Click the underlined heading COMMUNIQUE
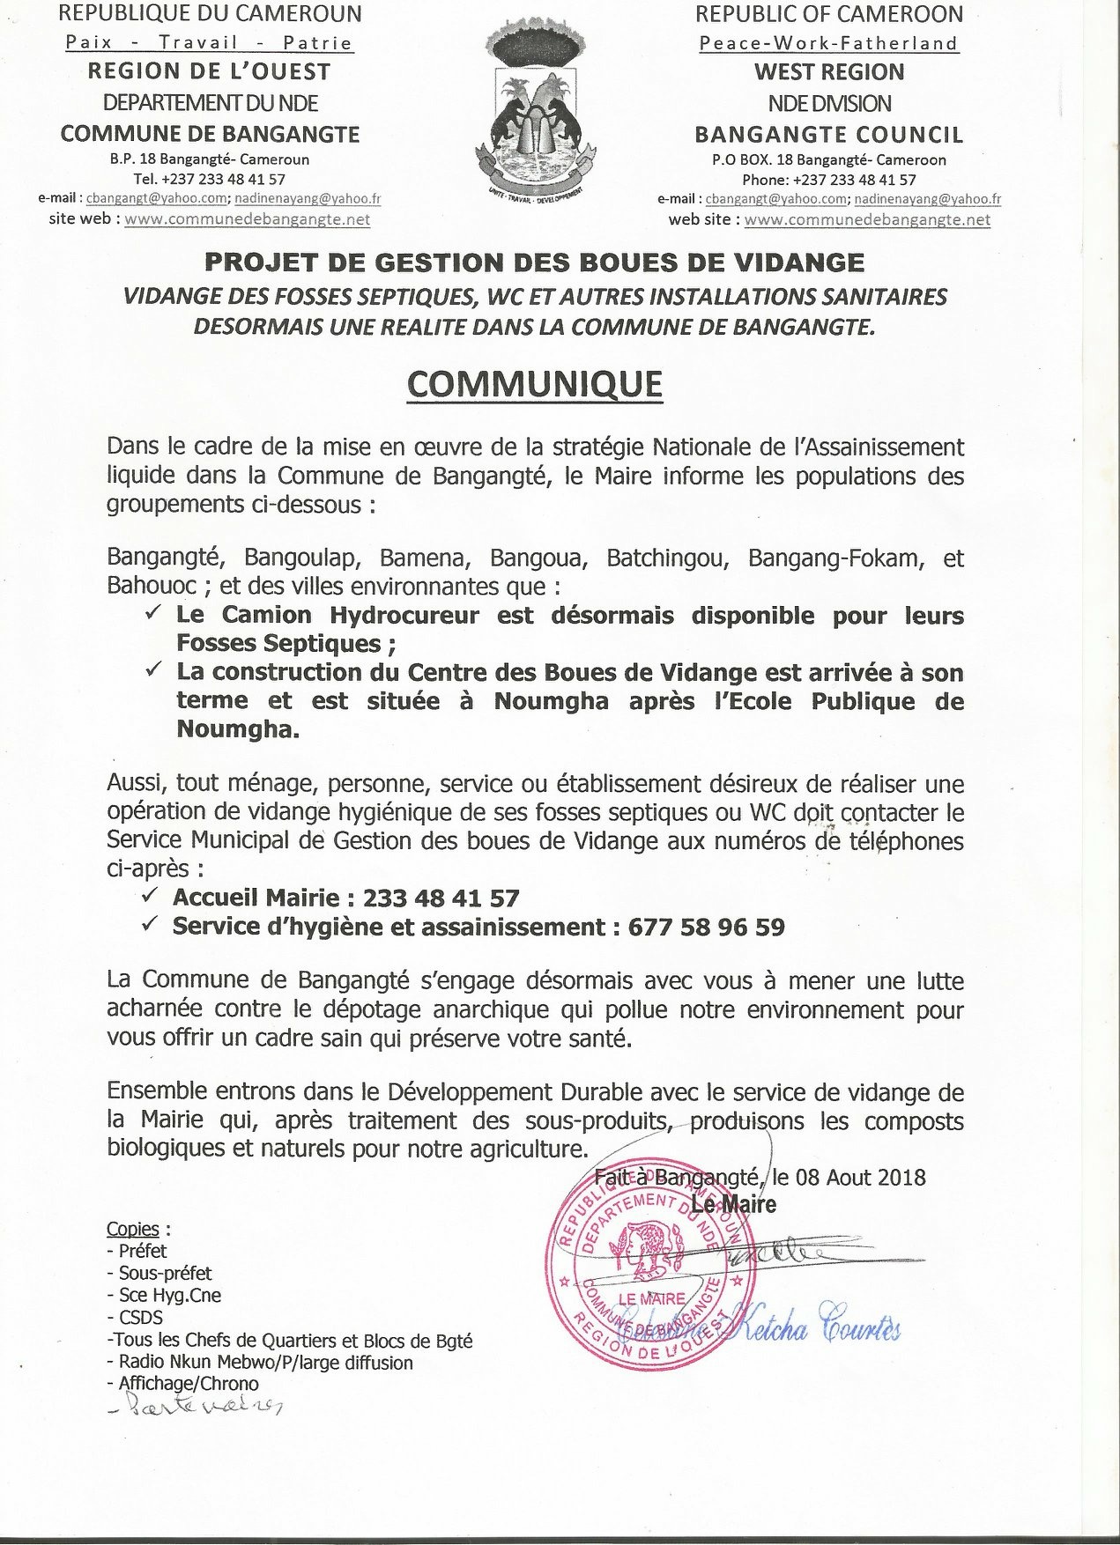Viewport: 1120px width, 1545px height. pyautogui.click(x=535, y=384)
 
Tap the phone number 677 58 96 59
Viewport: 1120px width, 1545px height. pyautogui.click(x=706, y=927)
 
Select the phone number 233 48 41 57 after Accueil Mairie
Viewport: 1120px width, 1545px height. pyautogui.click(x=441, y=898)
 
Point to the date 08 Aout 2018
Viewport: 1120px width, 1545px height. pyautogui.click(x=860, y=1177)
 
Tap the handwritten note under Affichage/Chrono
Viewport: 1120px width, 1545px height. pyautogui.click(x=196, y=1407)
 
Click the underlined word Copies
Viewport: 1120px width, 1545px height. pyautogui.click(x=133, y=1229)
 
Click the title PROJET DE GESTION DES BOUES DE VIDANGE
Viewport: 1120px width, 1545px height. pyautogui.click(x=535, y=262)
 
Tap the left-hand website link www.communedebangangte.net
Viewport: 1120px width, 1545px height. pyautogui.click(x=247, y=219)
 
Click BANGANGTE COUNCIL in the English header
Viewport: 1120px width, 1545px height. pyautogui.click(x=828, y=135)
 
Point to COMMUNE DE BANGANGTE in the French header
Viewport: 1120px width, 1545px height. pyautogui.click(x=210, y=135)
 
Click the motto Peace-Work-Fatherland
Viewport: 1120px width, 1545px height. pyautogui.click(x=828, y=43)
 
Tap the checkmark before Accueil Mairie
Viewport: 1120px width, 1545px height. pyautogui.click(x=151, y=897)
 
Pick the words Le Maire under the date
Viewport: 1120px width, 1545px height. pyautogui.click(x=733, y=1205)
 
